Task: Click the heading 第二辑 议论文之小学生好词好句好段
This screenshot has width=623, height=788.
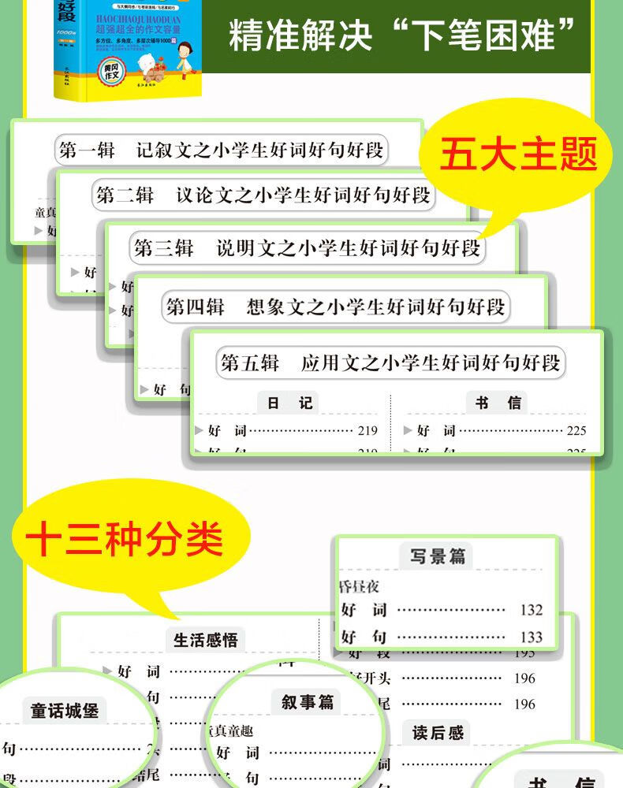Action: pyautogui.click(x=263, y=195)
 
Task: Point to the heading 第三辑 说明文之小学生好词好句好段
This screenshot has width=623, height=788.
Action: pyautogui.click(x=307, y=249)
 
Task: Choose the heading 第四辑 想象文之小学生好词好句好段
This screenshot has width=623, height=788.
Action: pyautogui.click(x=334, y=307)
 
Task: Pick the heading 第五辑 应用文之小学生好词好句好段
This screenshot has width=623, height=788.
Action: pyautogui.click(x=390, y=362)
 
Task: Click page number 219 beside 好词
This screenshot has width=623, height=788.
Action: pyautogui.click(x=367, y=431)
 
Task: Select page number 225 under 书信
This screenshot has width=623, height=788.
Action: pyautogui.click(x=576, y=431)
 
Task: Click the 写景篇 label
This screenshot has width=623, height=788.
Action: pyautogui.click(x=437, y=556)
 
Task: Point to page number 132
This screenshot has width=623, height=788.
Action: pyautogui.click(x=531, y=610)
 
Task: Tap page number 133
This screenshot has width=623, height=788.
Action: pyautogui.click(x=531, y=637)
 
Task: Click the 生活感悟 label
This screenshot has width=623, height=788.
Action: pyautogui.click(x=205, y=640)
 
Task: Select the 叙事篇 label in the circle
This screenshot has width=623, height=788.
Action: pyautogui.click(x=308, y=701)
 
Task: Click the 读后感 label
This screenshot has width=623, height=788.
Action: pyautogui.click(x=438, y=733)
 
